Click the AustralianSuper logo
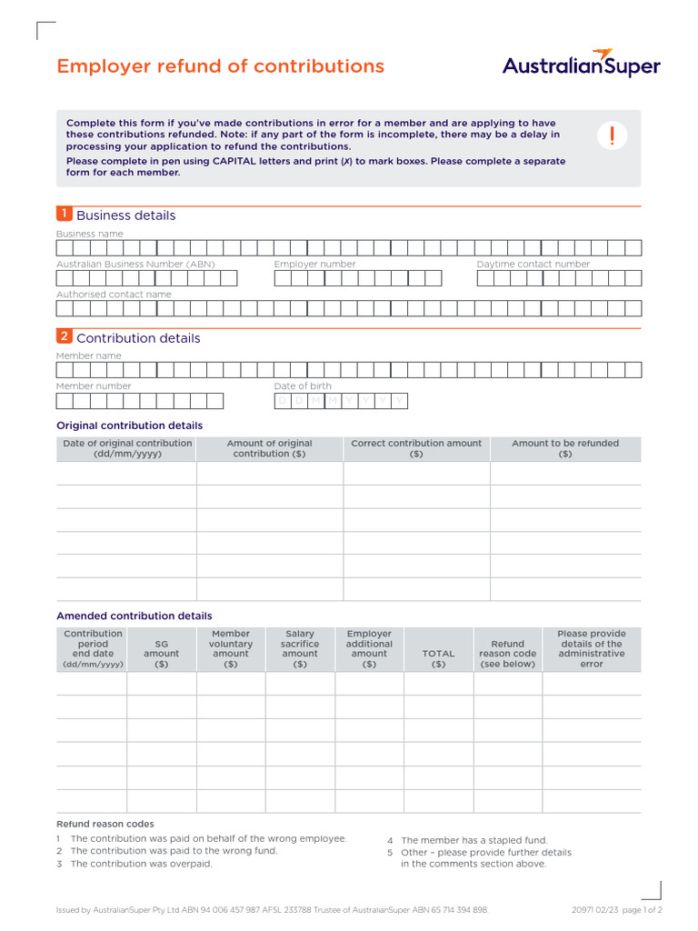[x=582, y=65]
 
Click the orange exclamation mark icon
[x=613, y=136]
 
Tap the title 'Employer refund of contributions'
[x=220, y=66]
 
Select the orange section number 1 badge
[x=64, y=214]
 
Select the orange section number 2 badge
[x=64, y=336]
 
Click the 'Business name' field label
[x=90, y=234]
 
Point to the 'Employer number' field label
[x=314, y=265]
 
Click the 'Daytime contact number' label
[x=533, y=265]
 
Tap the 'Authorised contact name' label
[x=114, y=295]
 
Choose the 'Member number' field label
[x=94, y=386]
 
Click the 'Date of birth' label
[x=303, y=386]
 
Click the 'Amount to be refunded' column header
[x=564, y=448]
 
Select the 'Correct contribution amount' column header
[x=416, y=448]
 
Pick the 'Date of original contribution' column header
[x=127, y=448]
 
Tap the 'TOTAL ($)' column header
[x=438, y=658]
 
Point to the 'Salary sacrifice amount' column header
[x=300, y=648]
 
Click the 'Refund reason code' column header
[x=507, y=654]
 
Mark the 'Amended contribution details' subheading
[x=135, y=616]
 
